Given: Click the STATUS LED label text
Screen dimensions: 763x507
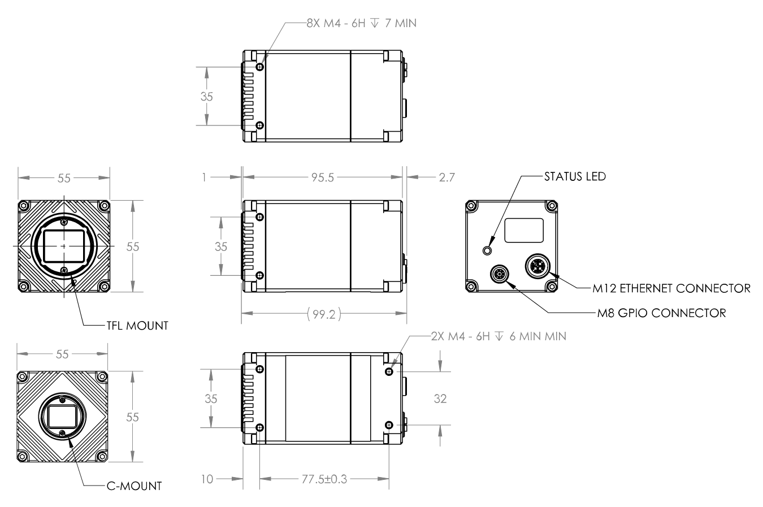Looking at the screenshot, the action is point(575,176).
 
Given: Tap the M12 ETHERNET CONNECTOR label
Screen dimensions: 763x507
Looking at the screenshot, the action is point(671,289).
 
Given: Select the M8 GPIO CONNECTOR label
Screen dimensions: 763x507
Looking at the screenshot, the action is point(661,313).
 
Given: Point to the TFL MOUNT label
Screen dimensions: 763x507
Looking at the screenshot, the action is point(137,326).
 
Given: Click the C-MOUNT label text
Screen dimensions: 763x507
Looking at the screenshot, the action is point(134,486).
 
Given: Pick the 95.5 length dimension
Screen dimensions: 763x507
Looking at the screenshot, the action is point(323,177).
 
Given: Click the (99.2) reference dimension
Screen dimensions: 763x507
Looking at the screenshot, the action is point(324,314).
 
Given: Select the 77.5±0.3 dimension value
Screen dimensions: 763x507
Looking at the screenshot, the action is point(324,479).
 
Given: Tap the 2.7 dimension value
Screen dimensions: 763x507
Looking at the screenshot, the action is point(447,177).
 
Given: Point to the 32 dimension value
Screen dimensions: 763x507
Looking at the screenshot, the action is point(440,398).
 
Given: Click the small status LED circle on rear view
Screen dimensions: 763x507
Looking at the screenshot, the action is point(487,251).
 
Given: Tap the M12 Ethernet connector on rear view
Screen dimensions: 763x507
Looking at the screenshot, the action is point(538,266).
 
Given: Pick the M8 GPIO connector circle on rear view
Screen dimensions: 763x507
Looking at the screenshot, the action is point(500,274).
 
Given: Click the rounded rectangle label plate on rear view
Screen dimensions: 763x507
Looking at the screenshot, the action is point(524,231).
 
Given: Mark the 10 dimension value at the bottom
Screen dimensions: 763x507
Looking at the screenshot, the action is point(207,479).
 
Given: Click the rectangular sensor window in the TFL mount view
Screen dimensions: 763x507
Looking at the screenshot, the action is point(64,246).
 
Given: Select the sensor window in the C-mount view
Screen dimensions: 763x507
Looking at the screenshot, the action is point(62,417).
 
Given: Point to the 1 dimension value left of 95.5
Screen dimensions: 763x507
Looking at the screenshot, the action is point(204,177).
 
